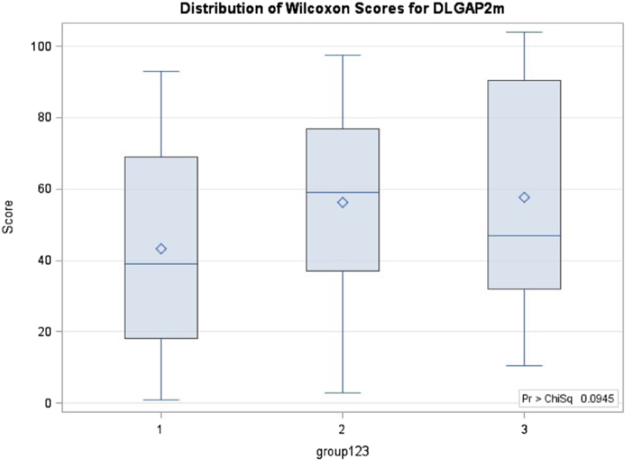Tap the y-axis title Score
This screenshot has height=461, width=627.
point(8,221)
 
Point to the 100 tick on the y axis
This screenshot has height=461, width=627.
point(45,46)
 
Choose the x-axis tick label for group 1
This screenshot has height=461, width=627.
point(161,424)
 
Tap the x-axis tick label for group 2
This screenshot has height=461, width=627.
point(342,424)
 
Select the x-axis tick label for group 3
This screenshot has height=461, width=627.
point(524,424)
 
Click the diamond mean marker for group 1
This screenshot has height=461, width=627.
point(161,249)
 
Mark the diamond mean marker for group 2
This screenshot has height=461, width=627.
point(342,202)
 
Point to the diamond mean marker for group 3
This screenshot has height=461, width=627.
point(524,197)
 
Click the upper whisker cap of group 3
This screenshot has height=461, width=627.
point(524,32)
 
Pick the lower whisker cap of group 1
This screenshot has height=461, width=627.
point(161,400)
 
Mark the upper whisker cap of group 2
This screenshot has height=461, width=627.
point(342,55)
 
